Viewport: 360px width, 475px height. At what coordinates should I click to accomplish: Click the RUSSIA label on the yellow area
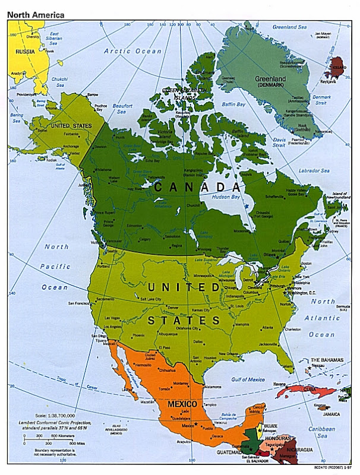point(25,51)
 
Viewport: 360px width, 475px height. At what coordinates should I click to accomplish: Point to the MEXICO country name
point(182,404)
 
